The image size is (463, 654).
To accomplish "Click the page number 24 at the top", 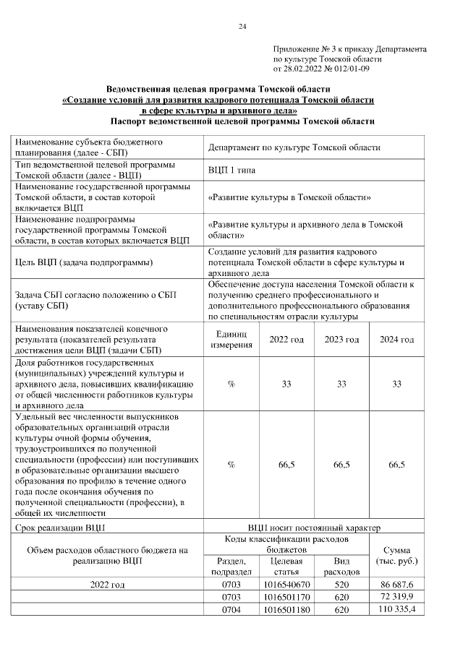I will click(x=242, y=27).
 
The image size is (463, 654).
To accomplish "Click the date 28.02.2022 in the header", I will click(x=305, y=69).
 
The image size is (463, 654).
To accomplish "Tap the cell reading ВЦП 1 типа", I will click(x=231, y=170).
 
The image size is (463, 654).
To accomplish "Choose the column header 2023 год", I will click(x=341, y=340).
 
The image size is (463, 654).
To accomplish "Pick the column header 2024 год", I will click(x=396, y=340).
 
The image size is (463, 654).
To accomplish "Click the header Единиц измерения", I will click(x=231, y=340).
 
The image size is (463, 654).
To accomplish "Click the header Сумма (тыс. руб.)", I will click(x=396, y=555).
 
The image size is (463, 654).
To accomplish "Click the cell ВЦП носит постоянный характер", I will click(x=313, y=528).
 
